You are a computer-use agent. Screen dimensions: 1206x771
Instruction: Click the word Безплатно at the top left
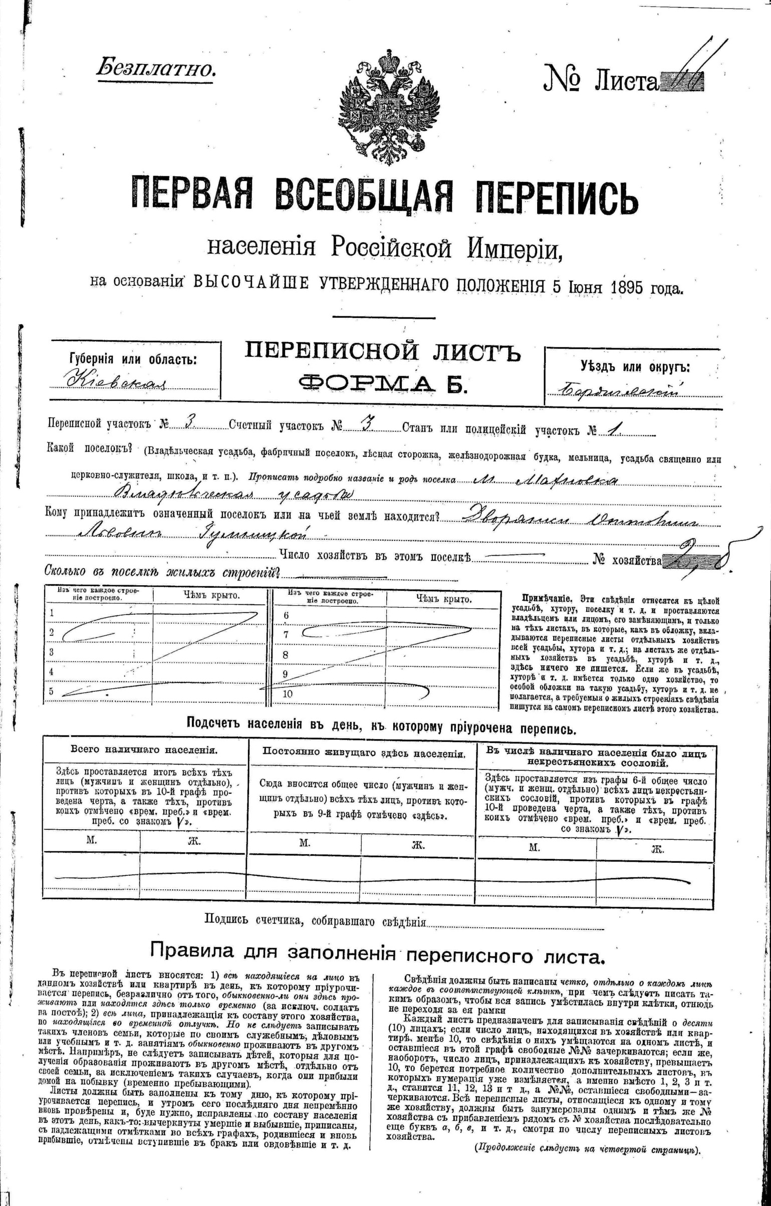156,68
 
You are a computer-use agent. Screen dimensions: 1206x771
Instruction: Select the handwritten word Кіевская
115,381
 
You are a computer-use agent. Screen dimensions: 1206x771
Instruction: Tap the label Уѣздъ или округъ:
635,367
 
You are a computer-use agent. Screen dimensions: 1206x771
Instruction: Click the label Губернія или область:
133,359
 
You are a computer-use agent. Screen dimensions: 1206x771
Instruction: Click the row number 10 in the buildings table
288,694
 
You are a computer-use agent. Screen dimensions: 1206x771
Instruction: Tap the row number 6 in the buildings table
287,615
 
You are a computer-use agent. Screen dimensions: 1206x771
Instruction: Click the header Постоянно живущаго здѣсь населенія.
364,753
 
